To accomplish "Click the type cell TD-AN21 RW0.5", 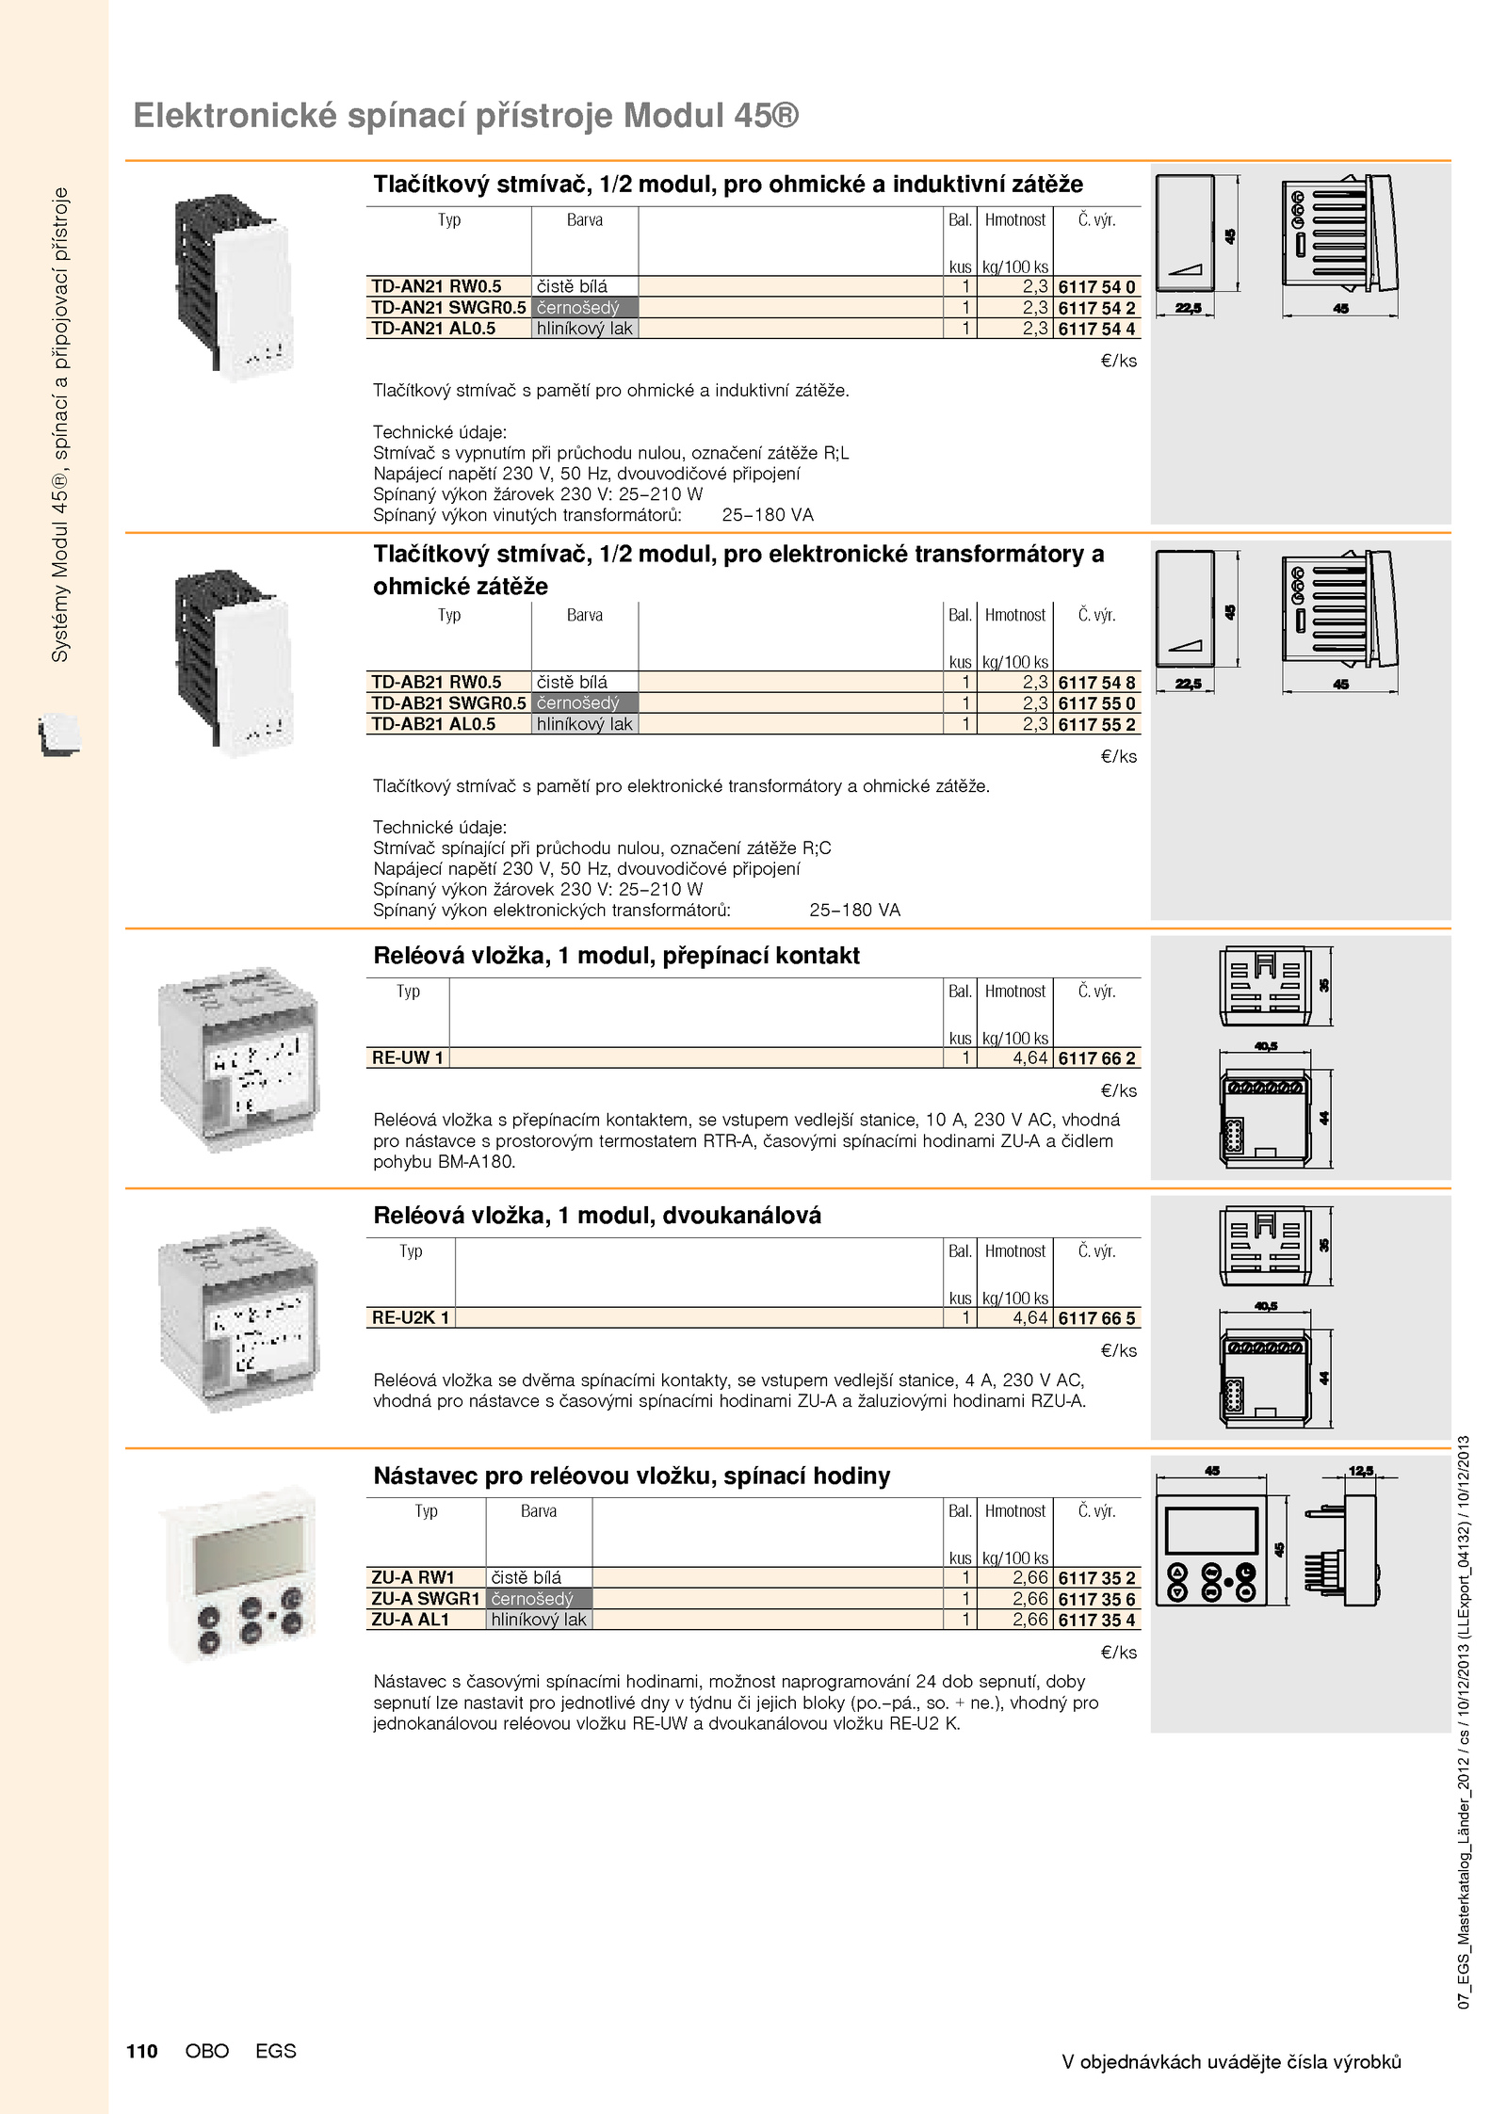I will click(x=436, y=286).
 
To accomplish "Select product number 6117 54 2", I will click(x=1096, y=308).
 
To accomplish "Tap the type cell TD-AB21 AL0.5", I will click(x=433, y=724).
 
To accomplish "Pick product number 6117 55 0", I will click(x=1096, y=703).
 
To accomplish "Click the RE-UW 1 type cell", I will click(x=407, y=1057).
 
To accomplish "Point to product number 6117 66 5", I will click(x=1096, y=1318).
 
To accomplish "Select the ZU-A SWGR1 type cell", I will click(x=426, y=1598).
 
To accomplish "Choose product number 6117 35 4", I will click(x=1096, y=1620).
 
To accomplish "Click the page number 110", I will click(x=142, y=2051).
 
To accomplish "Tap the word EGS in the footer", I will click(x=275, y=2051).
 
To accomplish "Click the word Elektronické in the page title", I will click(x=235, y=116).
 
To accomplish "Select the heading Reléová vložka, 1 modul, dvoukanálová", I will click(x=597, y=1216).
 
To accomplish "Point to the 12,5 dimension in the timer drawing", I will click(x=1361, y=1471).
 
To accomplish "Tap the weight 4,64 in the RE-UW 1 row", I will click(x=1029, y=1057).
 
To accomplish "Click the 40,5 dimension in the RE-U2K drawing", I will click(x=1266, y=1306).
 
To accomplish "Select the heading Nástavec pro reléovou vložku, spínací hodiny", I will click(x=631, y=1476).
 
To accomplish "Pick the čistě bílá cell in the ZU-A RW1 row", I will click(x=527, y=1577).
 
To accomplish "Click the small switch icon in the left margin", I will click(x=59, y=734).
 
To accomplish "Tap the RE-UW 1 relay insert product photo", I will click(x=239, y=1058).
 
